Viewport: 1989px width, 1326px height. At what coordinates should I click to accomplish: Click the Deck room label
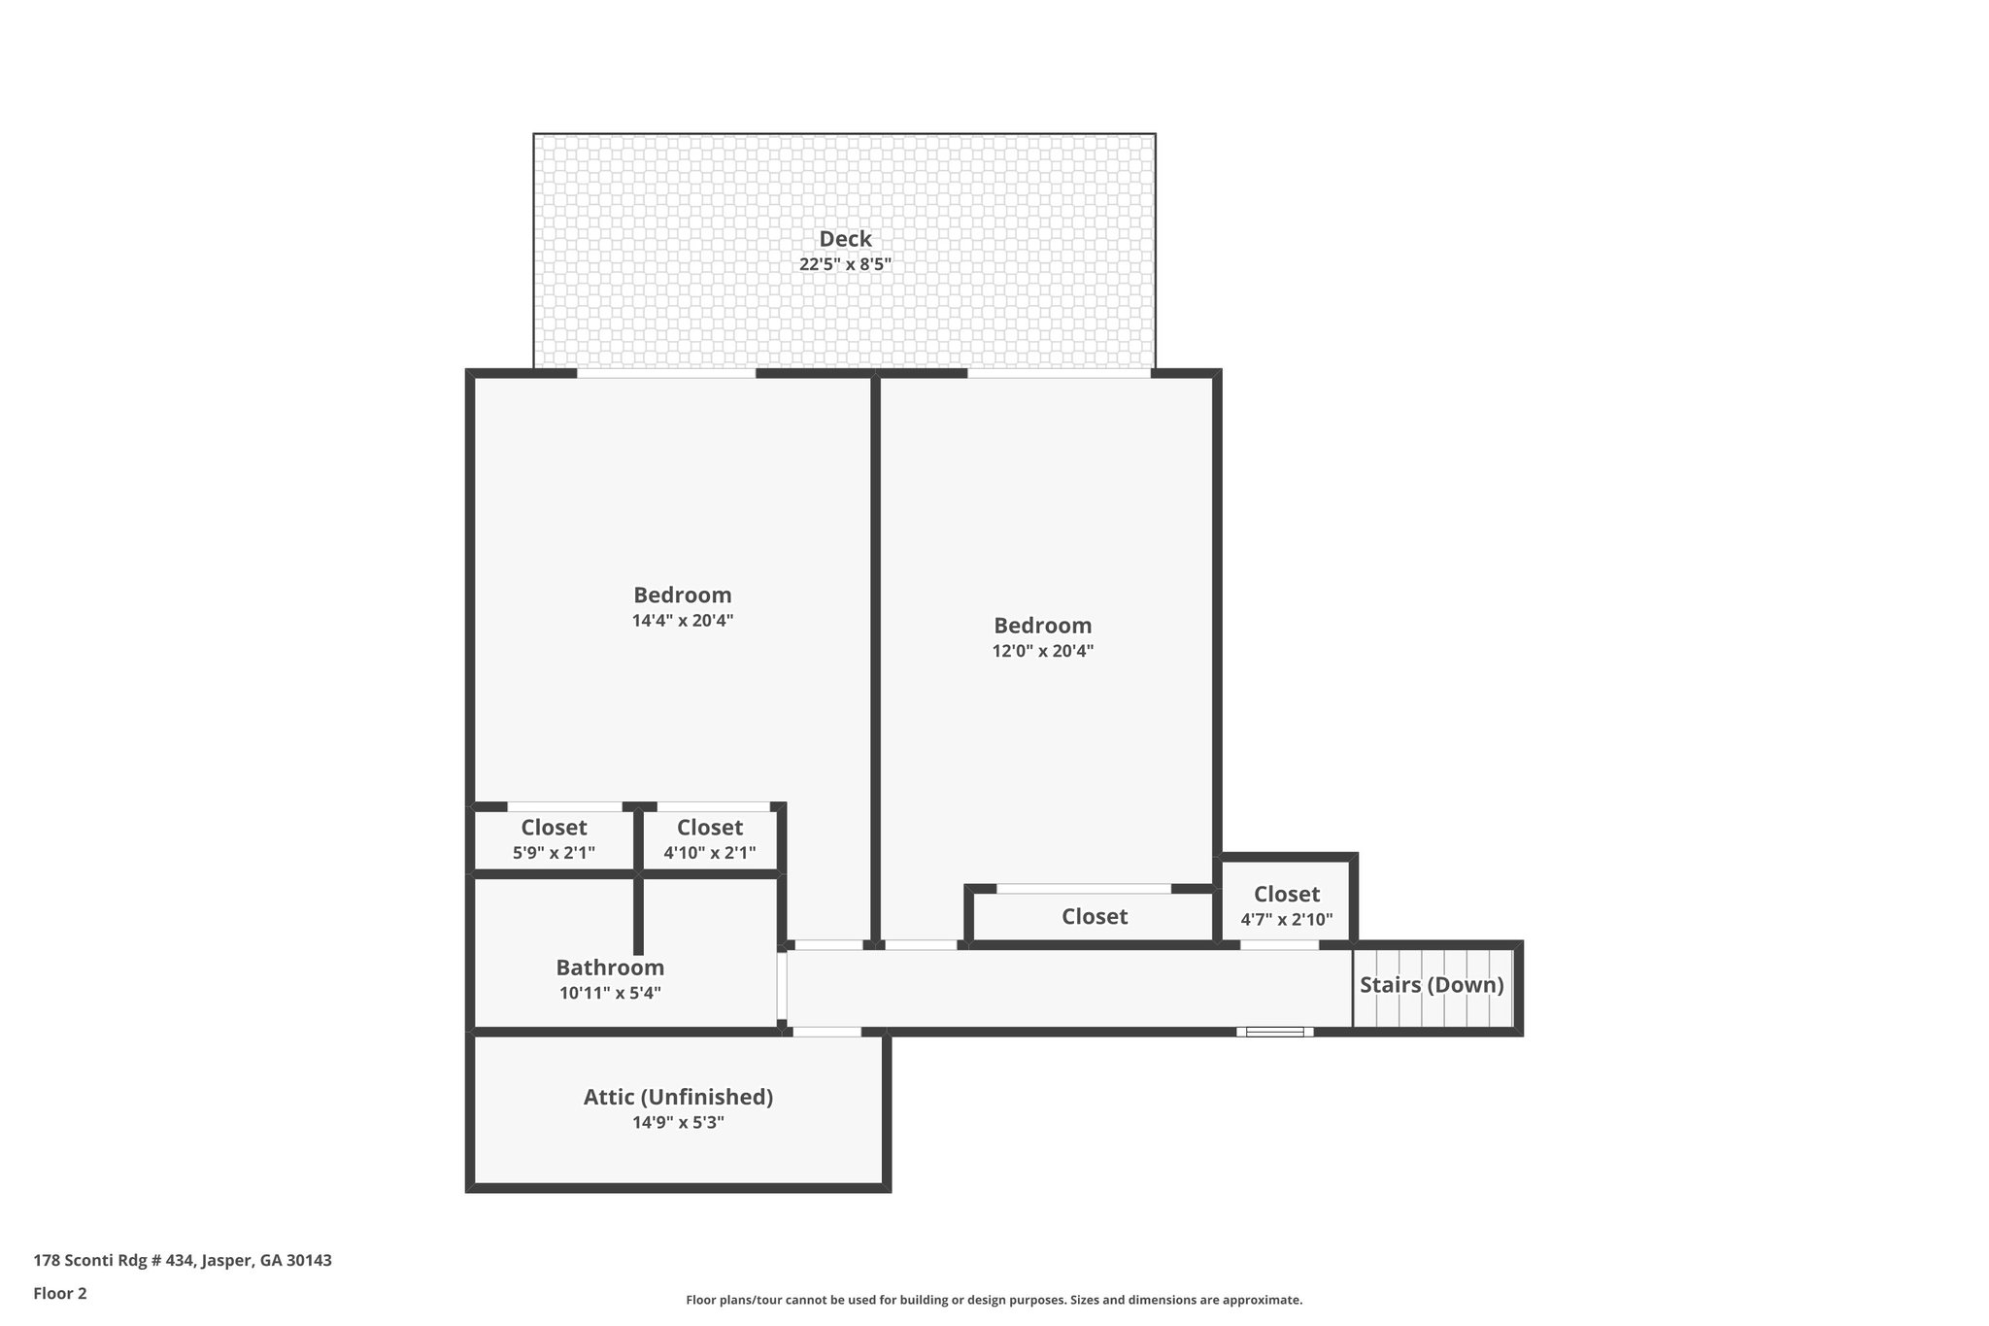[845, 239]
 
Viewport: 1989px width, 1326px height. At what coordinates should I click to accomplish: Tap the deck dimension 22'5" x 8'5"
[845, 264]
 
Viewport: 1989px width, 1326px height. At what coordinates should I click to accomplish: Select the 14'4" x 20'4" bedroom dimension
[682, 621]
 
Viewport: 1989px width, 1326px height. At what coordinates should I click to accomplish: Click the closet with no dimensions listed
[1094, 917]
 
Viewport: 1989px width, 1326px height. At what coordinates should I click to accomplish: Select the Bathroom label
[610, 968]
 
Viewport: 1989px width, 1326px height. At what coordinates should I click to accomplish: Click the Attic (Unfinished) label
[678, 1097]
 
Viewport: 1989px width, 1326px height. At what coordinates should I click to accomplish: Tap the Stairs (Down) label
[1431, 985]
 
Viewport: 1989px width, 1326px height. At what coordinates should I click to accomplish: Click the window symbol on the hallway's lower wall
[1274, 1032]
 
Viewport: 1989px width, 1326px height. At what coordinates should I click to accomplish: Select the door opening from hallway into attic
[826, 1032]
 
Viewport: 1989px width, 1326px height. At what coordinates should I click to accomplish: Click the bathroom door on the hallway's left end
[781, 986]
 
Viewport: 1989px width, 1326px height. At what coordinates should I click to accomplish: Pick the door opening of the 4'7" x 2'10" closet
[1279, 944]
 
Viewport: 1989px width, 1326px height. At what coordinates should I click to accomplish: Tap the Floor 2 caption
[60, 1293]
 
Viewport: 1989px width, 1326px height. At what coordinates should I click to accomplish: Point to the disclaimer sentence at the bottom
[994, 1300]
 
